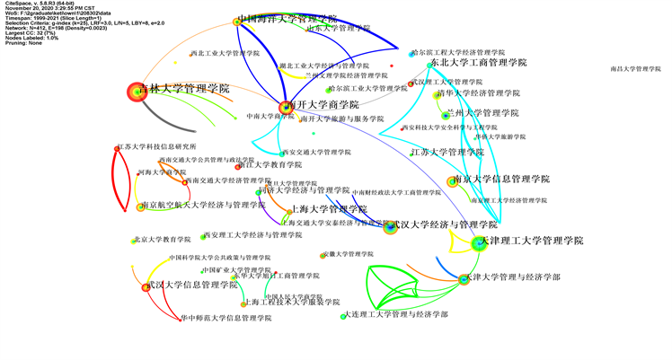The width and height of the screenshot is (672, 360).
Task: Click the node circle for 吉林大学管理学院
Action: tap(136, 91)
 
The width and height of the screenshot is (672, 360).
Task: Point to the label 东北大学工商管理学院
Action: tap(478, 64)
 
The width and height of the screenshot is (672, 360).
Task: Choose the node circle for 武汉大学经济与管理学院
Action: tap(390, 227)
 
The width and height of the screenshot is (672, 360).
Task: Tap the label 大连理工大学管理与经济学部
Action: tap(396, 315)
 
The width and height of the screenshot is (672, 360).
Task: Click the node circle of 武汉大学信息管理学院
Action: tap(146, 287)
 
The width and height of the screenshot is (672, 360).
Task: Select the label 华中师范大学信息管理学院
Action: tap(225, 318)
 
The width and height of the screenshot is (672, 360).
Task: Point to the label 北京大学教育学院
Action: tap(163, 240)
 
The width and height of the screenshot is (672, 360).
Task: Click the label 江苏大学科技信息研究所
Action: tap(158, 147)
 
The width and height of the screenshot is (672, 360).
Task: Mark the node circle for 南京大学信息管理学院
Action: tap(453, 182)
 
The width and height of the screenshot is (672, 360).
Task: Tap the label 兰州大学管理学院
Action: tap(482, 114)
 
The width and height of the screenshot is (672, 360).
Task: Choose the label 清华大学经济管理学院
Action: tap(473, 93)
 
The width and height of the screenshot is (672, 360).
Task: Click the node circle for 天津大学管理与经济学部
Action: tap(464, 279)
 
